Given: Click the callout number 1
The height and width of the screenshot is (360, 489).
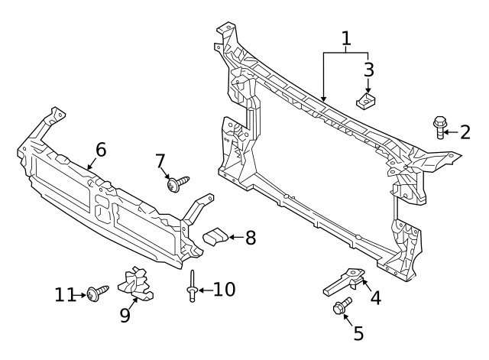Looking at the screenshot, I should click(346, 38).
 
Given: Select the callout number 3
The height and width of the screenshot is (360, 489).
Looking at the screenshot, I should click(368, 70).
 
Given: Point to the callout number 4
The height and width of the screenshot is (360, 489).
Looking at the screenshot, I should click(374, 297).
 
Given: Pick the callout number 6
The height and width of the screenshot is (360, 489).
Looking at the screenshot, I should click(100, 149).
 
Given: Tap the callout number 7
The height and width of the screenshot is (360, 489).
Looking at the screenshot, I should click(160, 161).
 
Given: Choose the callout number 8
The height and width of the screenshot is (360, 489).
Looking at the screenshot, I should click(249, 238).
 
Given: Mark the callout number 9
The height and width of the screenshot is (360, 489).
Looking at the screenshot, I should click(125, 315).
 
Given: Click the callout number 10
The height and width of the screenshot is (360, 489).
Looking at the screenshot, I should click(225, 290).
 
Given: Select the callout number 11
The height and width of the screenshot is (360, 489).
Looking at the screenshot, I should click(66, 294).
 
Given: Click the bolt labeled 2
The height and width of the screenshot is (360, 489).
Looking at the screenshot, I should click(439, 127).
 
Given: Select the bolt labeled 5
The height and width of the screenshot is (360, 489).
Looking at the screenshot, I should click(340, 308).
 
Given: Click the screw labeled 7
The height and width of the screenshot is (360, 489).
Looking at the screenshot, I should click(177, 182).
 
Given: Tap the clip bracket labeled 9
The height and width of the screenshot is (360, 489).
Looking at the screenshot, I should click(136, 285).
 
